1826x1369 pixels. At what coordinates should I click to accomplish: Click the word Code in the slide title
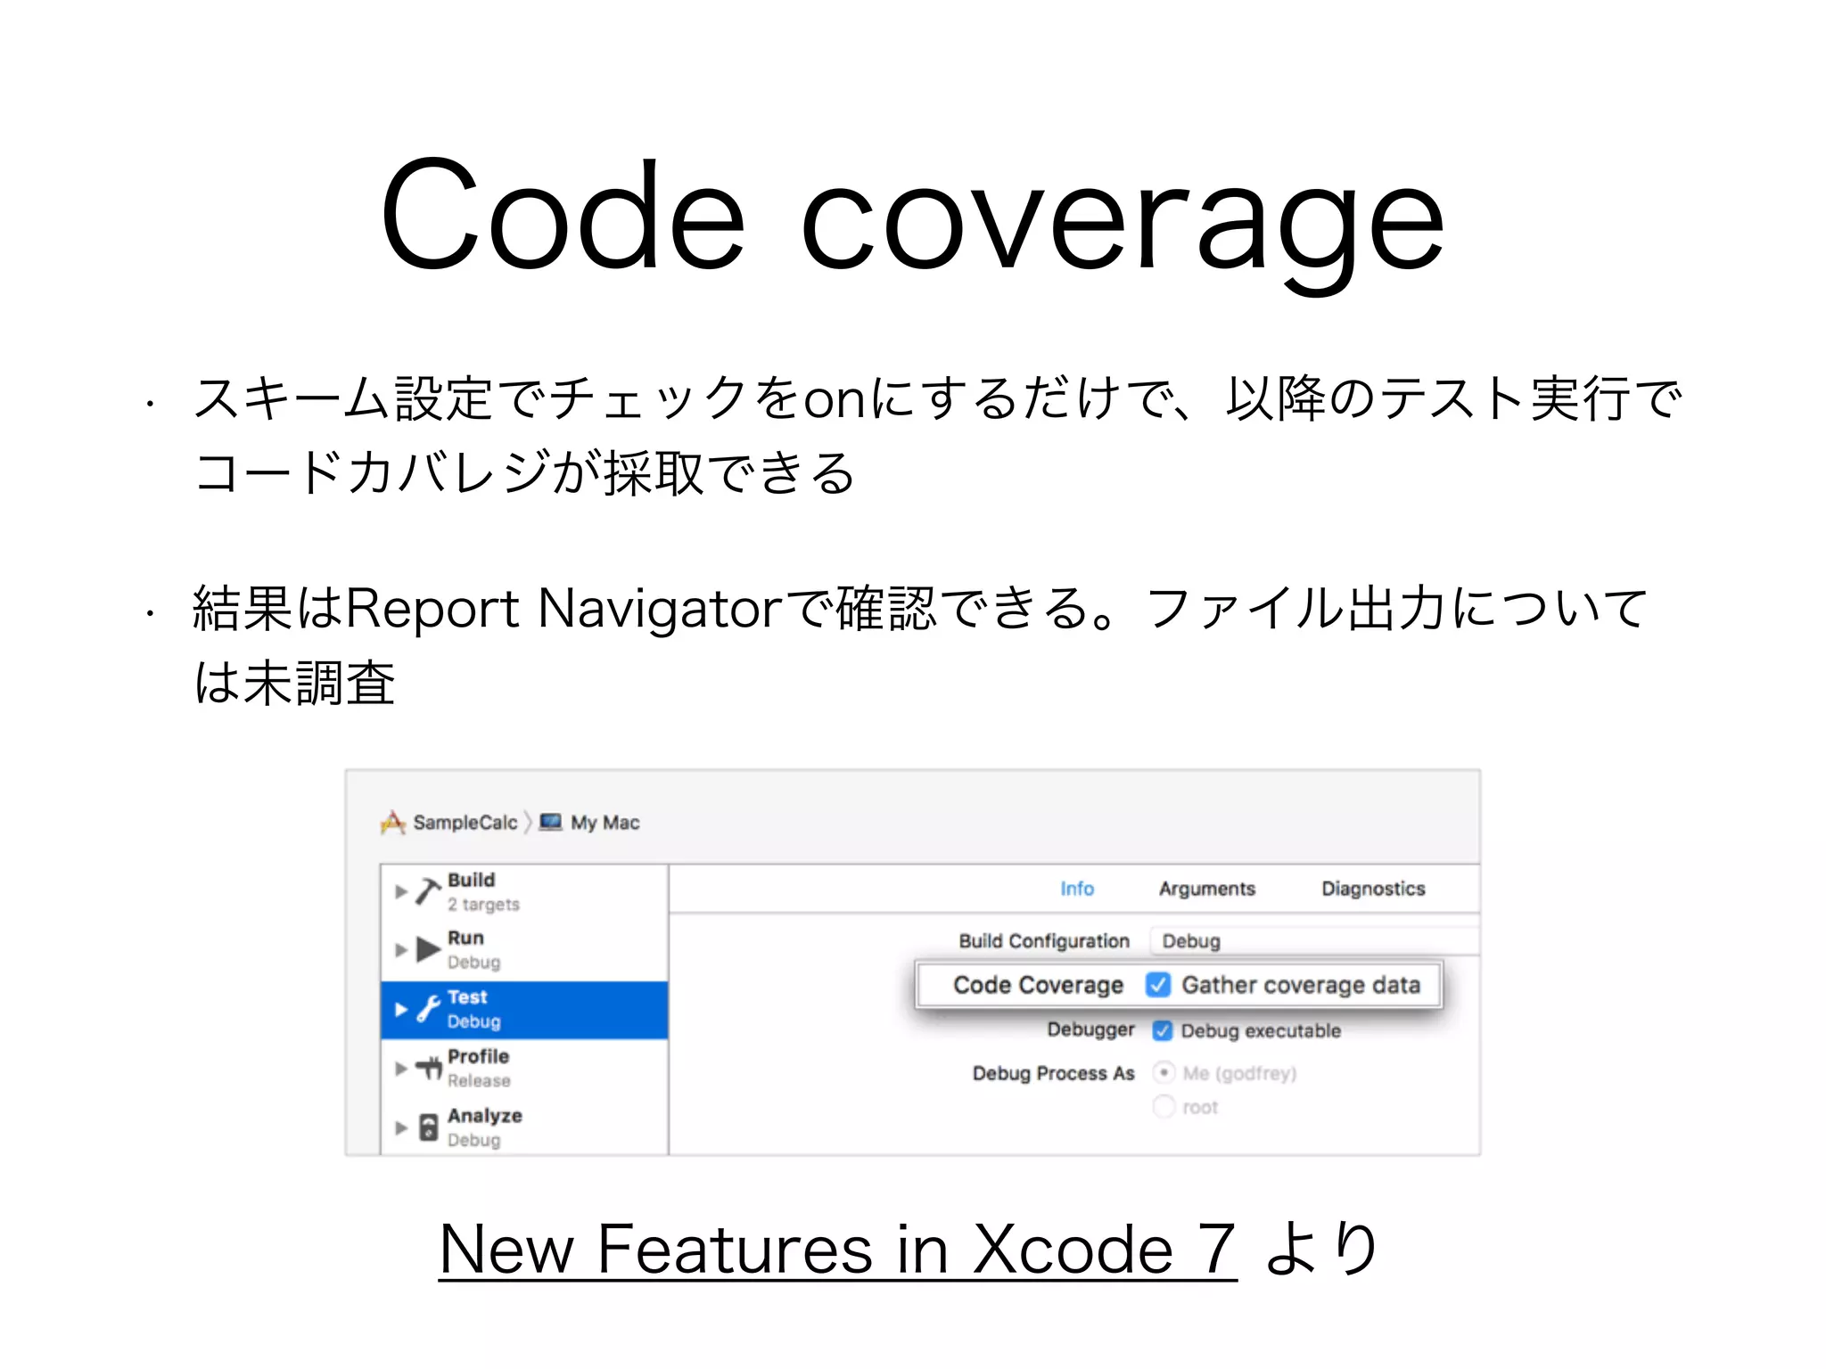(562, 217)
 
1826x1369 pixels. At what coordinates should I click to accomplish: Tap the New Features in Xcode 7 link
(837, 1249)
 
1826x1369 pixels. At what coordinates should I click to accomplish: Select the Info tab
(1076, 889)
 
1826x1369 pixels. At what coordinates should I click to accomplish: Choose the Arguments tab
(1206, 889)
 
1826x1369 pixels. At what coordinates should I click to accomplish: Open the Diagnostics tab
(1373, 889)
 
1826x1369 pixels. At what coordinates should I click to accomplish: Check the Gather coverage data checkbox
(1158, 985)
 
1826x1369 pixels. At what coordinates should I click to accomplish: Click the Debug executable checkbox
(1162, 1030)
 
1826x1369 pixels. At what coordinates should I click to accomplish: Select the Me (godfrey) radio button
(1164, 1072)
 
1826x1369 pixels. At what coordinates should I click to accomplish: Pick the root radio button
(1164, 1107)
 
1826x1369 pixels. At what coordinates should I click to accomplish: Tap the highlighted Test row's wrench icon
(429, 1009)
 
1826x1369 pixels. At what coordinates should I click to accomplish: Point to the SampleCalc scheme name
(465, 823)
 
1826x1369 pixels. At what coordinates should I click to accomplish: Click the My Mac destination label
(605, 823)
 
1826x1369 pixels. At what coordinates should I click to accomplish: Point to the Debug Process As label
(1053, 1073)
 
